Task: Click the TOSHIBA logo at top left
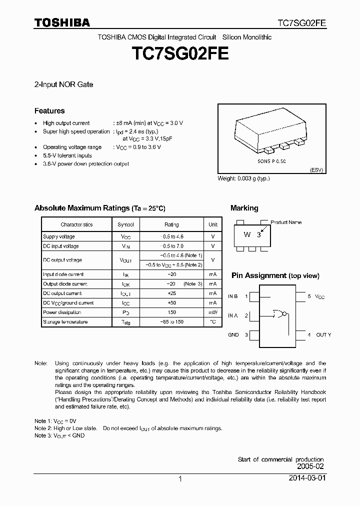tap(61, 23)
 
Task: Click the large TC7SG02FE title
tap(180, 54)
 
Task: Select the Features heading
tap(49, 111)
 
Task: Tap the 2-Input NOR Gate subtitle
tap(63, 84)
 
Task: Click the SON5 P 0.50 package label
tap(271, 162)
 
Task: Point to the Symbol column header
tap(125, 224)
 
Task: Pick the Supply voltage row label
tap(59, 236)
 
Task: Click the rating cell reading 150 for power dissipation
tap(171, 312)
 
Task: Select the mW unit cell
tap(213, 312)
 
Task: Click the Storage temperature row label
tap(65, 322)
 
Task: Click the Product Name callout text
tap(286, 222)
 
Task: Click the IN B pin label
tap(233, 296)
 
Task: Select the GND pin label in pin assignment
tap(233, 334)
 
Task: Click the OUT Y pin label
tap(323, 334)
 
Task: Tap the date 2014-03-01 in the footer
tap(306, 478)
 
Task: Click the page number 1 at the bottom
tap(180, 479)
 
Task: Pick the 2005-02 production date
tap(310, 466)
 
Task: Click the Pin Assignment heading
tap(258, 275)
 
